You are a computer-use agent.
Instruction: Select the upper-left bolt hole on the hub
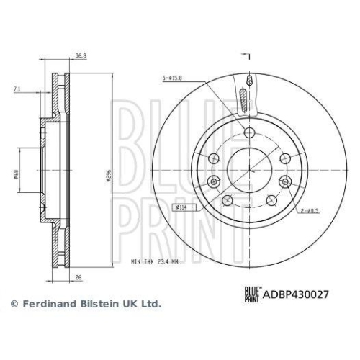[214, 158]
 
